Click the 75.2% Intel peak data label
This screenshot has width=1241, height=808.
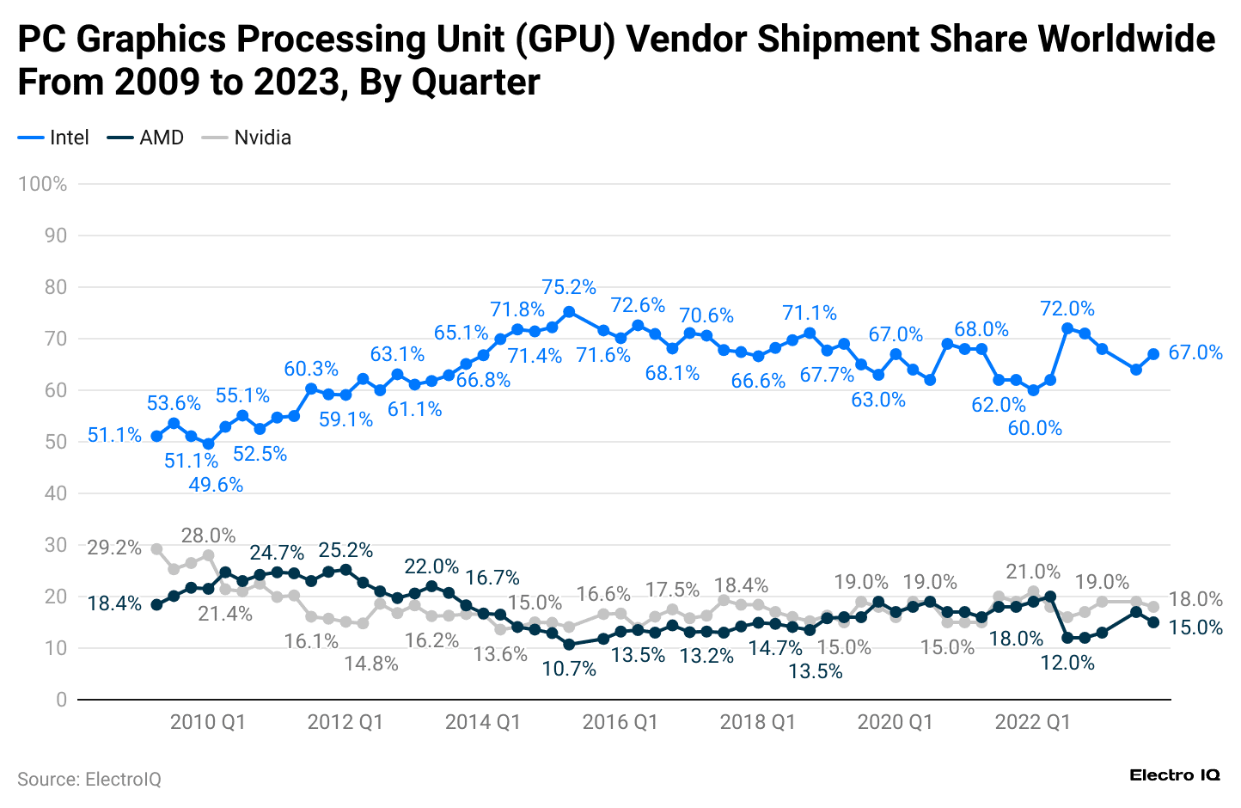(x=568, y=287)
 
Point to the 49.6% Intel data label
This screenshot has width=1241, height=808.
(x=216, y=485)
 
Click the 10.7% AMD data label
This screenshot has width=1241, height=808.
(x=568, y=668)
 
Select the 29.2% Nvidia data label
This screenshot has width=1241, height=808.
(x=114, y=548)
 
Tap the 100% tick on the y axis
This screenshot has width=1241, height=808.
(x=43, y=184)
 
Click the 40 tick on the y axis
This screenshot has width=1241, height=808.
(x=56, y=493)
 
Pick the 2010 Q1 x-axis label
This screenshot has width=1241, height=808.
(x=208, y=722)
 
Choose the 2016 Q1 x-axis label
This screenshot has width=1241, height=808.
(x=620, y=722)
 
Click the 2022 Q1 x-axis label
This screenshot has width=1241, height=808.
(x=1033, y=722)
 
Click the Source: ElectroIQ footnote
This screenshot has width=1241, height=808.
(x=89, y=780)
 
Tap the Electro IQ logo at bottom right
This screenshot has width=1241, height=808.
(x=1174, y=775)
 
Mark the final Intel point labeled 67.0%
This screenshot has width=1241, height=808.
(x=1153, y=354)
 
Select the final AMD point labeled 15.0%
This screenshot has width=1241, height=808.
(x=1153, y=622)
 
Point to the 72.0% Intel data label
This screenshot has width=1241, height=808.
(x=1067, y=309)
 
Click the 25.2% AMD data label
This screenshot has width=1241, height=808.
(x=345, y=549)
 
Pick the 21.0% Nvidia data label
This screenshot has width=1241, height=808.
(x=1033, y=572)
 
